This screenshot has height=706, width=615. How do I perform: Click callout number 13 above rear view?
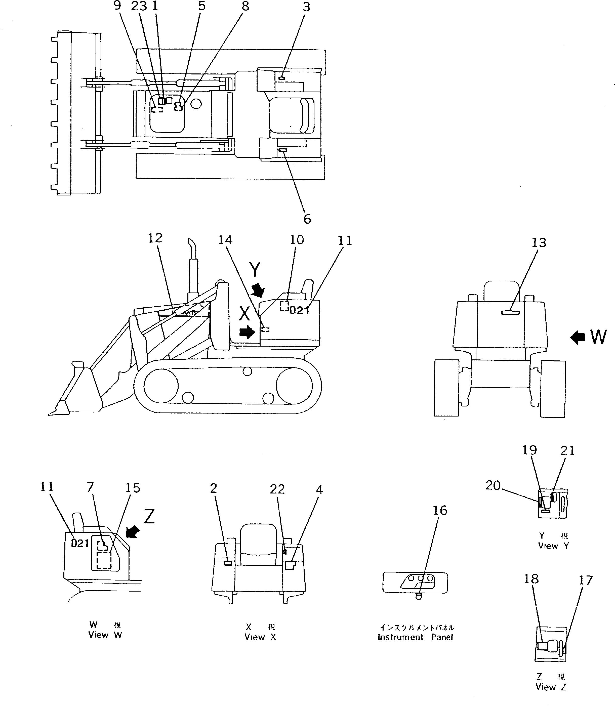tap(539, 243)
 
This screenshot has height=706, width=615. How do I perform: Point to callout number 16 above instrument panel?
tap(440, 510)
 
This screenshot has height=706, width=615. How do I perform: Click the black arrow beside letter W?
tap(578, 338)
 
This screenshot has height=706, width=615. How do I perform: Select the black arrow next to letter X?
tap(247, 332)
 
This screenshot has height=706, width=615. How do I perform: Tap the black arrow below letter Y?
tap(258, 290)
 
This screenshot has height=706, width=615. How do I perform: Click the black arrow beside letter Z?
tap(133, 532)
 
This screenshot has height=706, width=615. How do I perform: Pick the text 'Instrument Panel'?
tap(415, 637)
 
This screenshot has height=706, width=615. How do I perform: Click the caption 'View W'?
tap(105, 635)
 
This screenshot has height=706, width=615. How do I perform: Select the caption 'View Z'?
tap(551, 687)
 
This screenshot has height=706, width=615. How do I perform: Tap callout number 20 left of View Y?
tap(493, 486)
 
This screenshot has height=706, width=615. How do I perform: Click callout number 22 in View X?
tap(277, 489)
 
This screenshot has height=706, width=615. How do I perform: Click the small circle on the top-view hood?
tap(196, 103)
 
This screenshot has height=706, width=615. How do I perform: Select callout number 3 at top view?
tap(306, 7)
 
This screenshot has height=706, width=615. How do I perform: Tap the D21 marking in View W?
tap(80, 543)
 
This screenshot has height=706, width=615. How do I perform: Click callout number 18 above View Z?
tap(531, 579)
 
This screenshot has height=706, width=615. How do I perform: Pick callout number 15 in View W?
tap(133, 488)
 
